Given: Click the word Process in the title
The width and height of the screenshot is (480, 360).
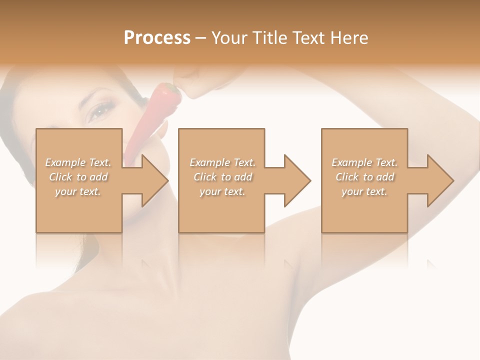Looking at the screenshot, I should (x=157, y=38).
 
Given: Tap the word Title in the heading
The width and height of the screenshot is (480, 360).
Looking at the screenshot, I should (x=269, y=38).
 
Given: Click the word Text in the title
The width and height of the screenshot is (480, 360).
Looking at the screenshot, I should (x=308, y=38).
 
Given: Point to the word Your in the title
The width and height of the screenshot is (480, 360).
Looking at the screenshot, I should (x=230, y=38).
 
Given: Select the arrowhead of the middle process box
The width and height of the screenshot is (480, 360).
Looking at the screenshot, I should (x=296, y=180).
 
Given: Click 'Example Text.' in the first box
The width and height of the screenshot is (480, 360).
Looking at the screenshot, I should (x=78, y=162).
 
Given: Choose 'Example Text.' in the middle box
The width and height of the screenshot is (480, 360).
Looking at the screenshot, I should (x=222, y=162).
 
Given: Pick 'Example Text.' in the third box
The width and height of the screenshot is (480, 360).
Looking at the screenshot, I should (x=364, y=162).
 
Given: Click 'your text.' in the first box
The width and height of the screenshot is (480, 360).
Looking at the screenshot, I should (x=78, y=191).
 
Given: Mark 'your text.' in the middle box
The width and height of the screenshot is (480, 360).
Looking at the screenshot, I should (x=222, y=191).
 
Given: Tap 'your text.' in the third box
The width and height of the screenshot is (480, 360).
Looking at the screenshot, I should (x=364, y=191).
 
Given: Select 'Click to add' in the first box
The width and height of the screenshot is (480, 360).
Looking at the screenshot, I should (x=78, y=177).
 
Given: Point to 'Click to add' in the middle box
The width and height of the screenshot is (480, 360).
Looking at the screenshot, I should (x=222, y=177).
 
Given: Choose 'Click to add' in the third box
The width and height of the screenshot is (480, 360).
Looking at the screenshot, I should (x=364, y=177).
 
